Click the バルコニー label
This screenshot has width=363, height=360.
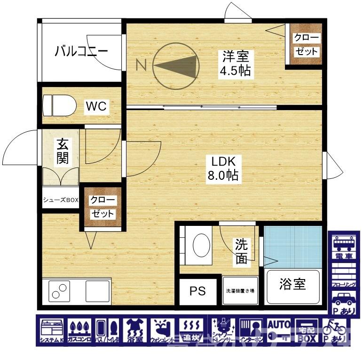[81, 50]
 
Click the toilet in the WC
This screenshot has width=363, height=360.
[60, 105]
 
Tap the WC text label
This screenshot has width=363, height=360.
[96, 106]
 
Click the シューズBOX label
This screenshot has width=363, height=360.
[61, 200]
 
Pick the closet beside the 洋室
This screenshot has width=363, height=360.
[306, 45]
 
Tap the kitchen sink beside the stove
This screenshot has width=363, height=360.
[97, 290]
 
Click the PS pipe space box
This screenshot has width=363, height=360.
[198, 291]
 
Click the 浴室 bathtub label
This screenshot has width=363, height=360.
[292, 285]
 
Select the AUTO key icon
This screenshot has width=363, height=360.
[279, 330]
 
